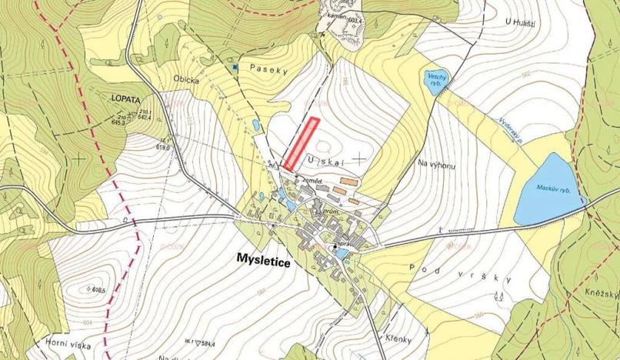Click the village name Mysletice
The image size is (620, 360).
tap(263, 262)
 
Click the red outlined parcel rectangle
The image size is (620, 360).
tap(301, 143)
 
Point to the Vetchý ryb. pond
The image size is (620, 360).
tap(432, 80)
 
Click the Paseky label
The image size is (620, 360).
tap(274, 70)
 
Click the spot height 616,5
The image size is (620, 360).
tap(79, 292)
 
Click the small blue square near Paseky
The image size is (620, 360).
tap(236, 68)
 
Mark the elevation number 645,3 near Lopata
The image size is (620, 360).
tap(140, 122)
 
